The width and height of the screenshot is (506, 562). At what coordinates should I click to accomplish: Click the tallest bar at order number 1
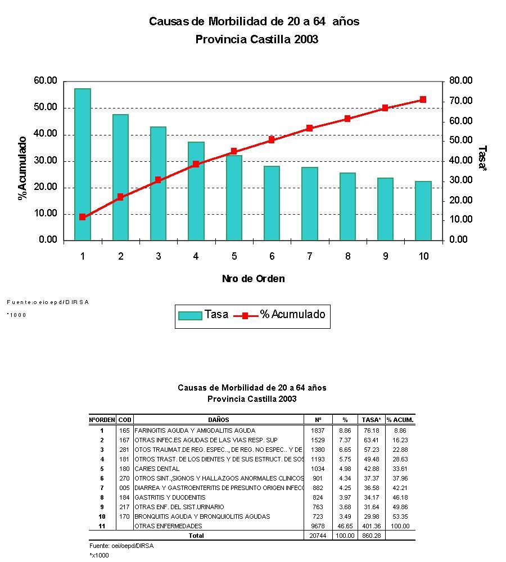click(83, 164)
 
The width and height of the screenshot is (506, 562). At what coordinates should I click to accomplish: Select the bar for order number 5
click(234, 198)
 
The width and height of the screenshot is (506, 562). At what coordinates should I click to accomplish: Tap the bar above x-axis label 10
click(423, 211)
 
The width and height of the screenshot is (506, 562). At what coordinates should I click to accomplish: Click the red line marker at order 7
click(309, 128)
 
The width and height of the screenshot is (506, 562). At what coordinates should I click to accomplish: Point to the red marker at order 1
click(83, 217)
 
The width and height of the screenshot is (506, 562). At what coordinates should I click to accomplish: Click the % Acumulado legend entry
click(284, 315)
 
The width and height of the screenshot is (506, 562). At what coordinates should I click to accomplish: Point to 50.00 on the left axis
click(46, 107)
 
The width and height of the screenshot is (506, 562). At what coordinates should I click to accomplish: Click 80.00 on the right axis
click(460, 81)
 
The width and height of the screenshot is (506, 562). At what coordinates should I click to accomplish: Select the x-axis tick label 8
click(348, 256)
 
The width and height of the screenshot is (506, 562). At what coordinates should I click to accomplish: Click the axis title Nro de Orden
click(253, 279)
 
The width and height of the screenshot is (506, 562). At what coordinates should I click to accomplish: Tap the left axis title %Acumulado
click(22, 167)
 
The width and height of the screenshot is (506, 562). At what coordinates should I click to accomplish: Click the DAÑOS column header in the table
click(219, 420)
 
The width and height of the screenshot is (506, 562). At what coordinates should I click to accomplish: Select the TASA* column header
click(371, 420)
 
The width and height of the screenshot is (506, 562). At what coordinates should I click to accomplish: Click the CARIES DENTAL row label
click(157, 469)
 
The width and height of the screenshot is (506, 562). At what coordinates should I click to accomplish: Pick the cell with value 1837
click(318, 430)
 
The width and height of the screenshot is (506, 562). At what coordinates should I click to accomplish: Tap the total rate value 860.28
click(371, 536)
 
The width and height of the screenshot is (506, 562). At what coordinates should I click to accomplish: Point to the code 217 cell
click(124, 507)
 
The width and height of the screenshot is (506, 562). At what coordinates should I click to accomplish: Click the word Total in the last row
click(196, 536)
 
